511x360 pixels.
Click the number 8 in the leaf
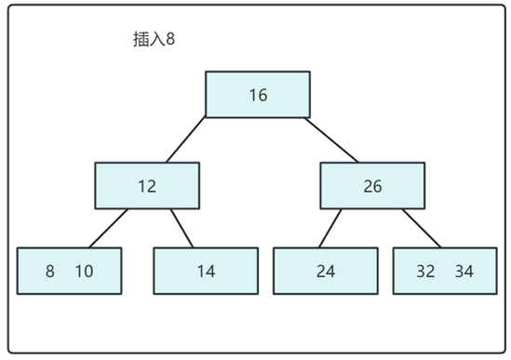(50, 272)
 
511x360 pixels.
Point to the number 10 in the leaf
(84, 272)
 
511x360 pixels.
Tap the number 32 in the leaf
(426, 272)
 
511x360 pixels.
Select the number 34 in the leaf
(464, 272)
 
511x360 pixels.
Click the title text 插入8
(155, 41)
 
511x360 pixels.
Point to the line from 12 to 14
(182, 228)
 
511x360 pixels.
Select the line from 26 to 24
(331, 228)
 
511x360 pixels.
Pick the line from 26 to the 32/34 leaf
(421, 228)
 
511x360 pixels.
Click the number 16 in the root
(258, 95)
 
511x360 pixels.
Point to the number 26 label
(372, 186)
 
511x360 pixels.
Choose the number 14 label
(206, 272)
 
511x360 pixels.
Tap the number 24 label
(325, 272)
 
